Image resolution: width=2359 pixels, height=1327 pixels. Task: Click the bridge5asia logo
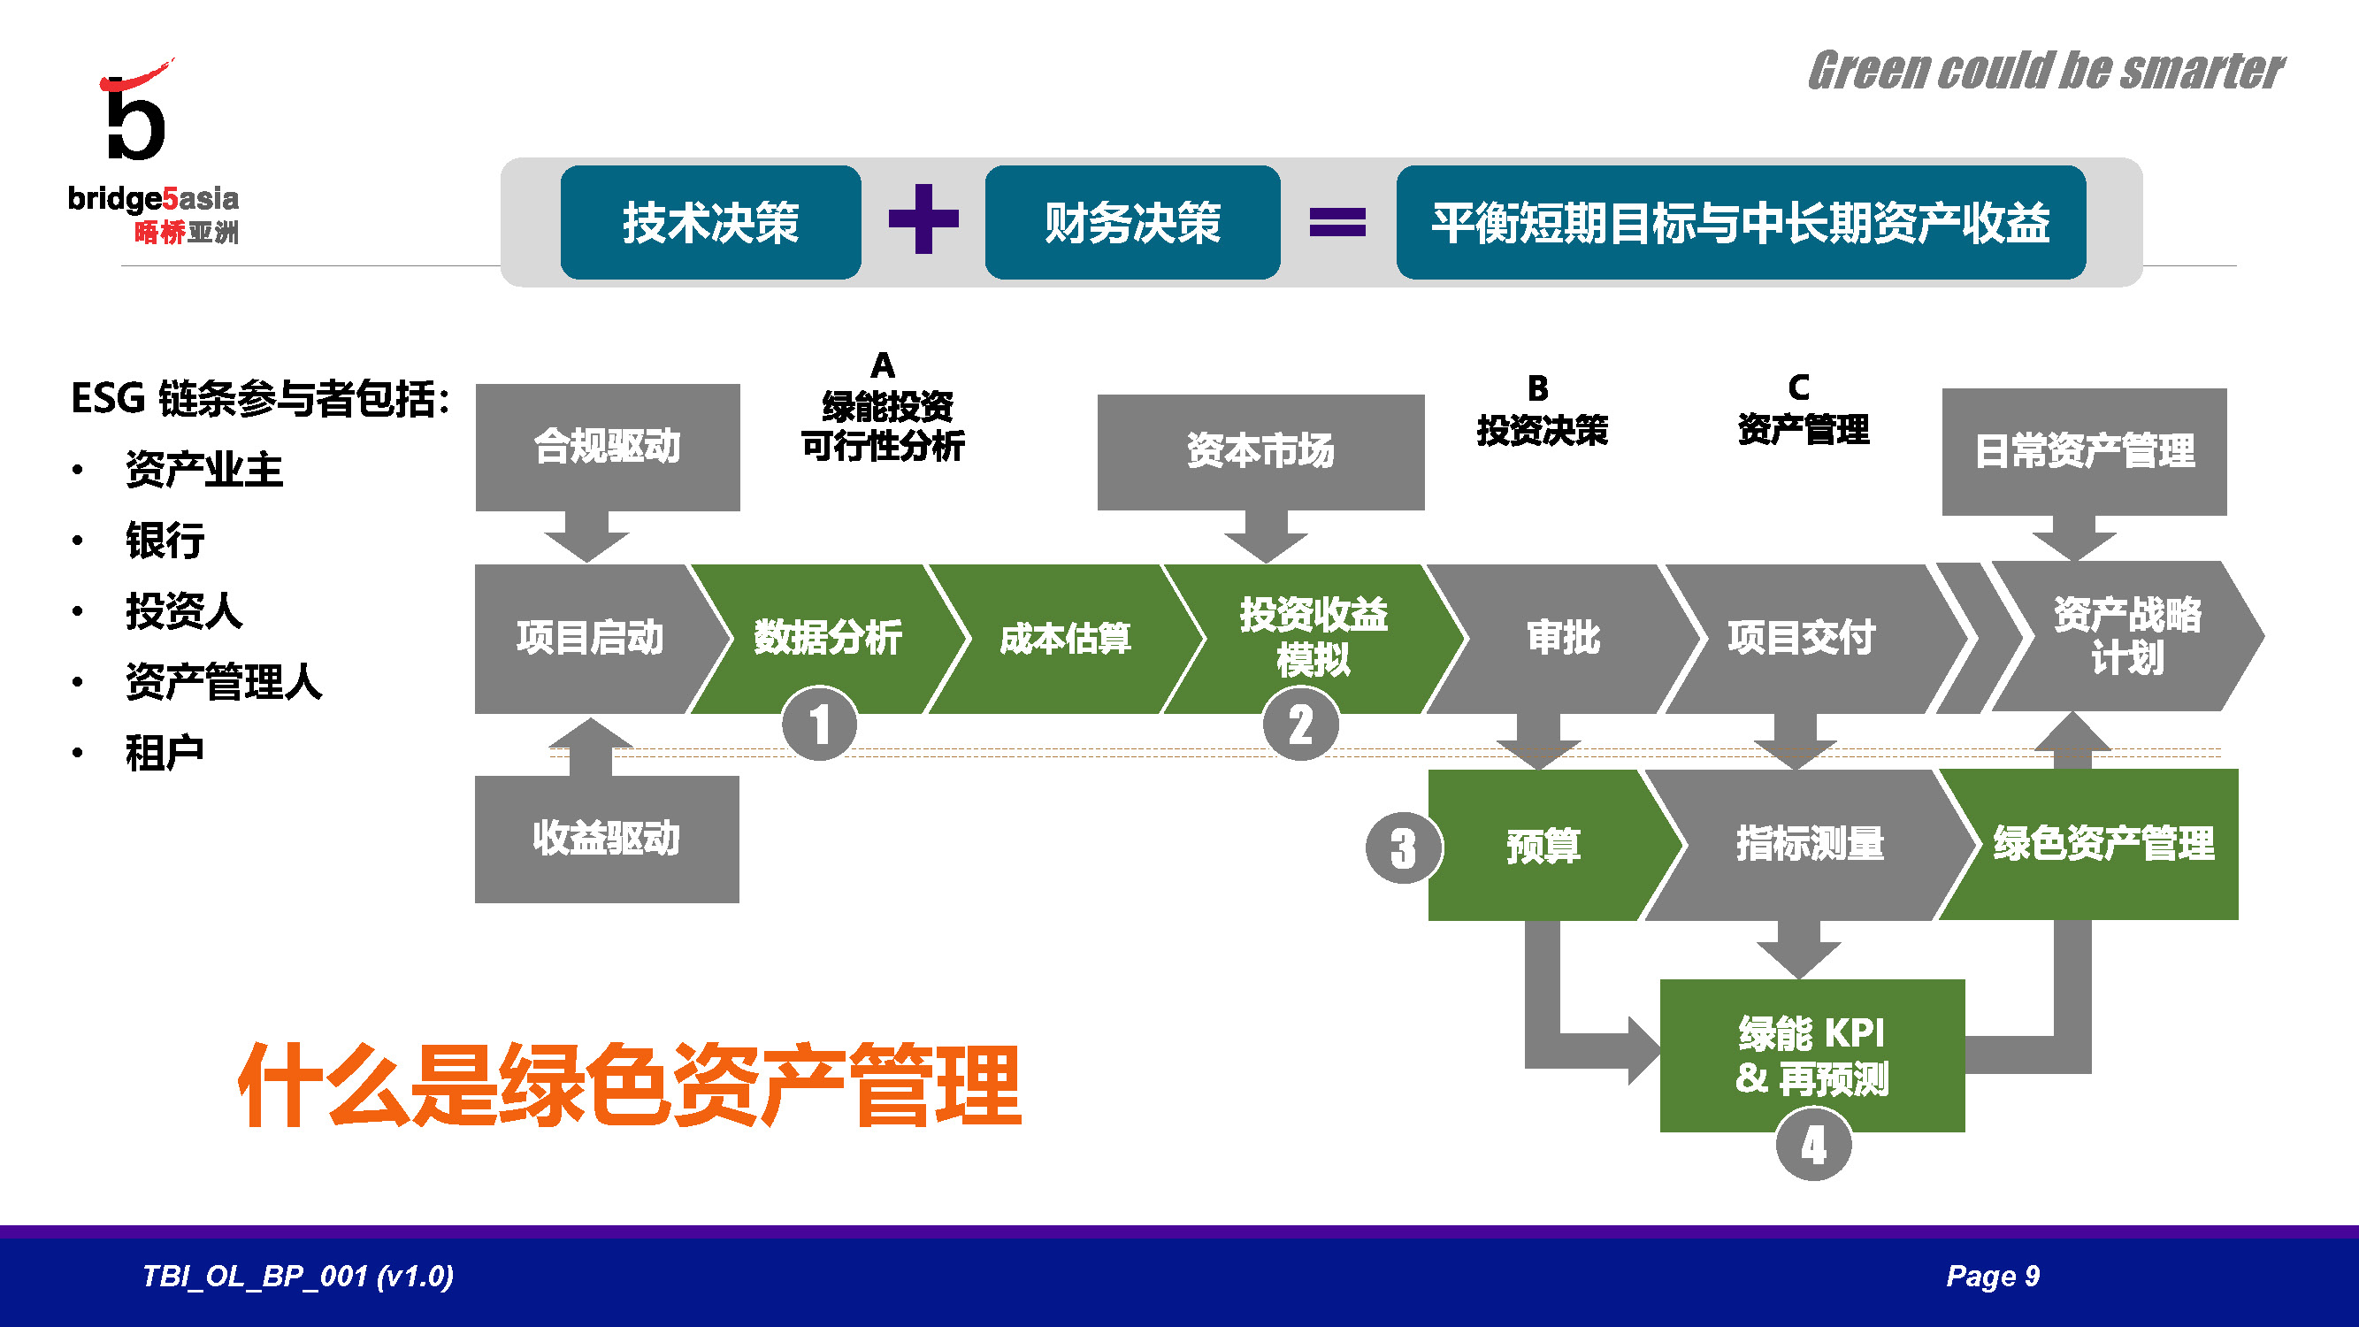151,151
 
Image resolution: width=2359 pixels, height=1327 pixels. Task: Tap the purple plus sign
923,219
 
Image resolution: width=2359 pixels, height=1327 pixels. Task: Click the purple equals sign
1337,222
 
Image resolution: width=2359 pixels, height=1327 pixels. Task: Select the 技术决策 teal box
710,222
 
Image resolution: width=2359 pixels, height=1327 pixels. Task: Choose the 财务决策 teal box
1132,222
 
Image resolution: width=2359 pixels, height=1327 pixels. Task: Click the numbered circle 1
820,724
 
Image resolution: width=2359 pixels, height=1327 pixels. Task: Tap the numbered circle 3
1403,848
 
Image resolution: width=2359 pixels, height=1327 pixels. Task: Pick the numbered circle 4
1813,1145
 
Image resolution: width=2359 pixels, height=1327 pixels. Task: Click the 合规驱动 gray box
607,447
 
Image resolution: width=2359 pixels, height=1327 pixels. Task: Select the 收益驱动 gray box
606,838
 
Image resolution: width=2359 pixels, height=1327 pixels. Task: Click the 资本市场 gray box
1260,450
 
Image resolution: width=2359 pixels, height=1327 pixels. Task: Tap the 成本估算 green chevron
1065,639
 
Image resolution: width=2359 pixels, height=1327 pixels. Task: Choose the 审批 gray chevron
1563,639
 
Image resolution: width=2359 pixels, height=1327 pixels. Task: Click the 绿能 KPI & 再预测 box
1811,1055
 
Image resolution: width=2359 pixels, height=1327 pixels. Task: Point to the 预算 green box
1544,844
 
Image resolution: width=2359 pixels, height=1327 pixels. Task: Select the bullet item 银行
165,541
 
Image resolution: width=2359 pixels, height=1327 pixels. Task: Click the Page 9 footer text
1993,1276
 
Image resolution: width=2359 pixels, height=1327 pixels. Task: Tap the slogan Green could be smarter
2045,72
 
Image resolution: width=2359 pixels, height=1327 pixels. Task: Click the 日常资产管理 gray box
2084,450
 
